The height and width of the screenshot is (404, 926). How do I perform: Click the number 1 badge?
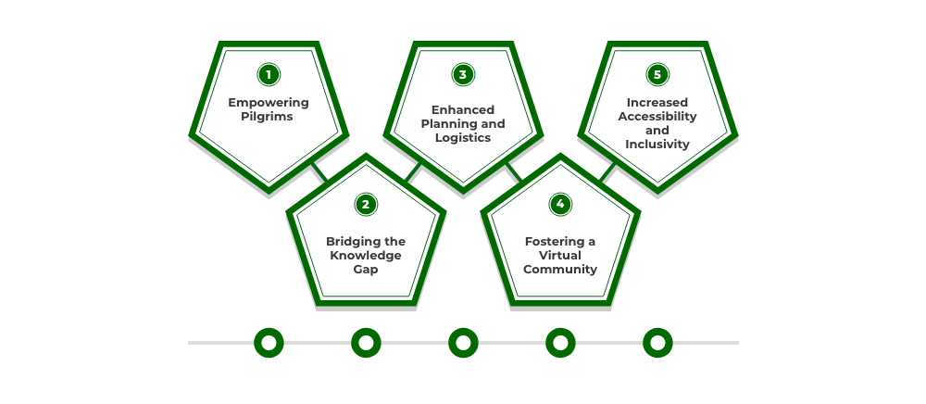coord(269,74)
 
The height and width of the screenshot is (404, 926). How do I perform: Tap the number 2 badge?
coord(366,204)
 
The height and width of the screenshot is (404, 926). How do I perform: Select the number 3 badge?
coord(463,74)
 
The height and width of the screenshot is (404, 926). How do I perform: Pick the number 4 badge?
coord(560,204)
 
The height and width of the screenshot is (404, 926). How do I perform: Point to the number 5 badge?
coord(657,74)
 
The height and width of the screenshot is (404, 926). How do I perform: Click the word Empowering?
coord(269,103)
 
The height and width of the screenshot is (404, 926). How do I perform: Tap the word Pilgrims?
coord(269,117)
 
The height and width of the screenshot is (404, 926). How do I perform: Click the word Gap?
coord(366,270)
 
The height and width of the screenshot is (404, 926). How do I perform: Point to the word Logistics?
coord(463,138)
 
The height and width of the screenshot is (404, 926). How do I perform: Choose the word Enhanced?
coord(463,109)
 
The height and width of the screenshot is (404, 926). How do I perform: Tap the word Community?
coord(560,270)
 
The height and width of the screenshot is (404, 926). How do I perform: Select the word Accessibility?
coord(657,117)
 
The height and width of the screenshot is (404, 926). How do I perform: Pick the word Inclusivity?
coord(657,145)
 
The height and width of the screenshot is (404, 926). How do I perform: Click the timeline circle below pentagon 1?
coord(269,343)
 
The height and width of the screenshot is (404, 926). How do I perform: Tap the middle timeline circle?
coord(463,343)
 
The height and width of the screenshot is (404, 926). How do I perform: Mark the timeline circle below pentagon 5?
coord(657,343)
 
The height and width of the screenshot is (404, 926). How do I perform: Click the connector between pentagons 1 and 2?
coord(319,172)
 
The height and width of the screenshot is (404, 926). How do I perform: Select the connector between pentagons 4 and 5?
coord(607,172)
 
